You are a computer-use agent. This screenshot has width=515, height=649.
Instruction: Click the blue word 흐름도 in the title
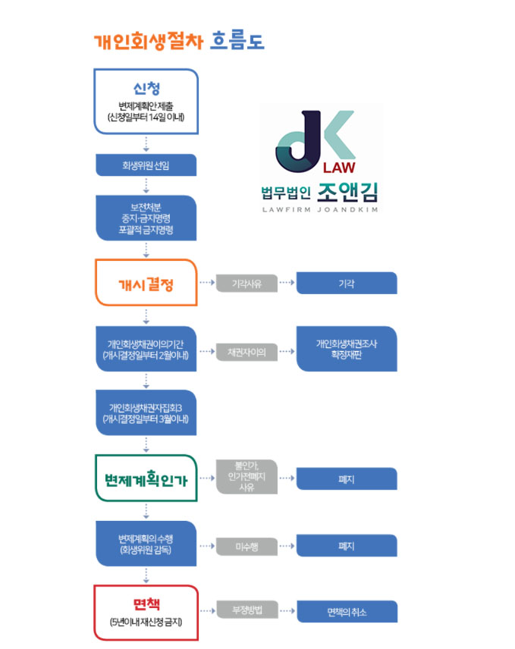click(237, 42)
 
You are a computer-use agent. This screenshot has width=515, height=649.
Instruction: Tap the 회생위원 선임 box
click(146, 165)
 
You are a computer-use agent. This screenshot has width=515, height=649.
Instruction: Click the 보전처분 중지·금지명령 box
click(146, 218)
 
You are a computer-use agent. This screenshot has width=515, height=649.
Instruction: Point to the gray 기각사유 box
click(247, 284)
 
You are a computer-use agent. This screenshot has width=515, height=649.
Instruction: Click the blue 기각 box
click(347, 283)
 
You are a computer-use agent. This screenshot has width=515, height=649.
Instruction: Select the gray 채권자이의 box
click(247, 352)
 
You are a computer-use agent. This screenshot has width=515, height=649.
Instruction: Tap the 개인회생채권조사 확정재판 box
click(347, 349)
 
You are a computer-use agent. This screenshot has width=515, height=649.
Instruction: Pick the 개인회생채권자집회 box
click(146, 412)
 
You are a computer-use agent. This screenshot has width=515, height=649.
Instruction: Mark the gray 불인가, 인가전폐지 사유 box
click(247, 477)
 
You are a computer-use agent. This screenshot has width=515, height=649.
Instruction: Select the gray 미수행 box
click(247, 547)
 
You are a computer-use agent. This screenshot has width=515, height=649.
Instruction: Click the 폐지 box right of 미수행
click(347, 546)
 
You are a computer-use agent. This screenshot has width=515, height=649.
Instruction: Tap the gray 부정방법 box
click(247, 610)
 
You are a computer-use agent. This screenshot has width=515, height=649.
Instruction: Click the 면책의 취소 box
click(347, 611)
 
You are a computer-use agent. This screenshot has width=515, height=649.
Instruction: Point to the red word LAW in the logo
click(339, 168)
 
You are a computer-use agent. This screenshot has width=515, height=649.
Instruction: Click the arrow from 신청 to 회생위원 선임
click(146, 143)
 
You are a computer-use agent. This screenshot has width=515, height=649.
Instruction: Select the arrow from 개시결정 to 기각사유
click(207, 283)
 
